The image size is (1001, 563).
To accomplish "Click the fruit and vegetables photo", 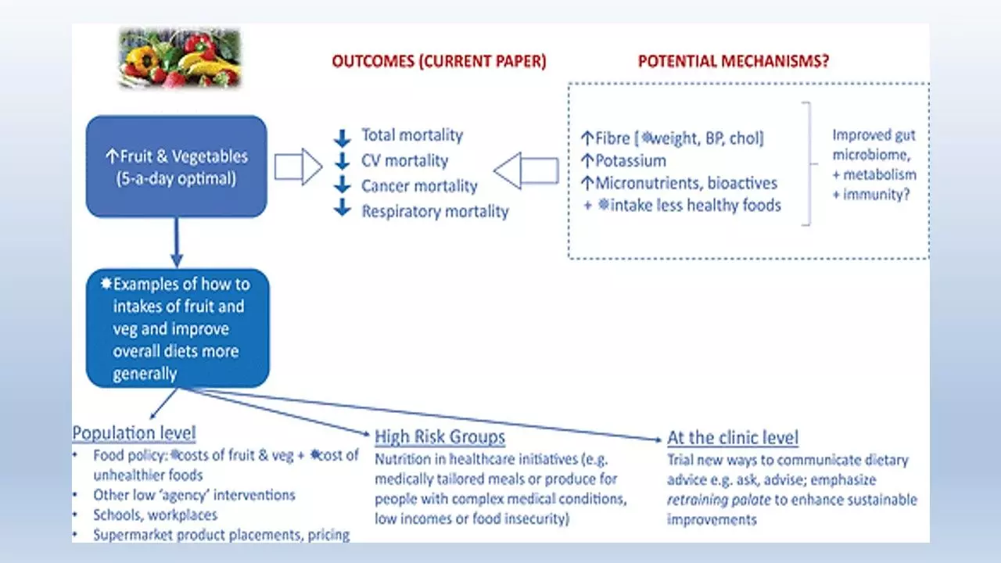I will pyautogui.click(x=180, y=58).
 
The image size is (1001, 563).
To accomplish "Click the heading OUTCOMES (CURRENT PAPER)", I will pyautogui.click(x=439, y=62).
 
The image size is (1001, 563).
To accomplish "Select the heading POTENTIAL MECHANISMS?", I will pyautogui.click(x=734, y=62).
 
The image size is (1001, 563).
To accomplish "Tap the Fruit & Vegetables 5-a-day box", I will pyautogui.click(x=176, y=166).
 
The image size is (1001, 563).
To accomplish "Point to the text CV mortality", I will pyautogui.click(x=404, y=161).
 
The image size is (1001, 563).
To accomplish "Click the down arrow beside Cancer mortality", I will pyautogui.click(x=342, y=187).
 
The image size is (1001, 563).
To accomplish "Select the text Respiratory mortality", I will pyautogui.click(x=435, y=211).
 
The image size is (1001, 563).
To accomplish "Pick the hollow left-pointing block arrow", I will pyautogui.click(x=526, y=170).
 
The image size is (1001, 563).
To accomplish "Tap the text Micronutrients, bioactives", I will pyautogui.click(x=686, y=183).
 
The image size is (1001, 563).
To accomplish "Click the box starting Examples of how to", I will pyautogui.click(x=178, y=328).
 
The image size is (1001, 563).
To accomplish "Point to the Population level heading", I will pyautogui.click(x=134, y=432).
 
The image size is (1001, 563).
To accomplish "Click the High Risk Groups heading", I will pyautogui.click(x=440, y=436).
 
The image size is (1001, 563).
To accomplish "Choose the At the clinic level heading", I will pyautogui.click(x=733, y=438).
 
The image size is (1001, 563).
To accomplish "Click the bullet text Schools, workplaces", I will pyautogui.click(x=155, y=515).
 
